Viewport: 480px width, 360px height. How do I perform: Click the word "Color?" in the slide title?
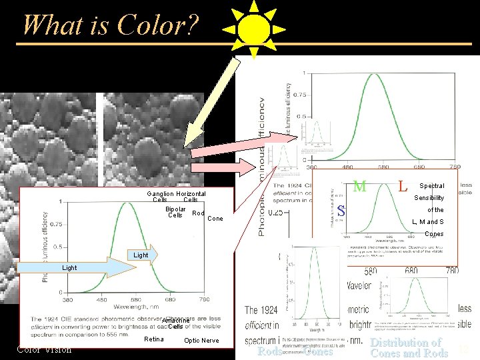pyautogui.click(x=157, y=25)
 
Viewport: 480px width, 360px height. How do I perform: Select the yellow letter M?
pyautogui.click(x=359, y=186)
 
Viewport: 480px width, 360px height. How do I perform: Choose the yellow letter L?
pyautogui.click(x=402, y=186)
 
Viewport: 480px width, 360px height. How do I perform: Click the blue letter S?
pyautogui.click(x=340, y=211)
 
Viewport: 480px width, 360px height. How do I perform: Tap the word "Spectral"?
pyautogui.click(x=431, y=186)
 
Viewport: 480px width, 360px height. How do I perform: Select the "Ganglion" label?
pyautogui.click(x=160, y=194)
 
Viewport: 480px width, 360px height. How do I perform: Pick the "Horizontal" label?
pyautogui.click(x=191, y=194)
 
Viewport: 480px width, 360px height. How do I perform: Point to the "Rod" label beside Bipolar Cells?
pyautogui.click(x=198, y=213)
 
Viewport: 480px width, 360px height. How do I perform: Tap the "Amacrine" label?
pyautogui.click(x=176, y=320)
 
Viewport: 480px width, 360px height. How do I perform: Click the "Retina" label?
pyautogui.click(x=153, y=340)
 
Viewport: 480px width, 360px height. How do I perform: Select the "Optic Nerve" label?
pyautogui.click(x=201, y=341)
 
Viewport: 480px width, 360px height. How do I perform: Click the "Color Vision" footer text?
pyautogui.click(x=44, y=349)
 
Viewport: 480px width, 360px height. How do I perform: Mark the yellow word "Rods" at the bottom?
pyautogui.click(x=269, y=351)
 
